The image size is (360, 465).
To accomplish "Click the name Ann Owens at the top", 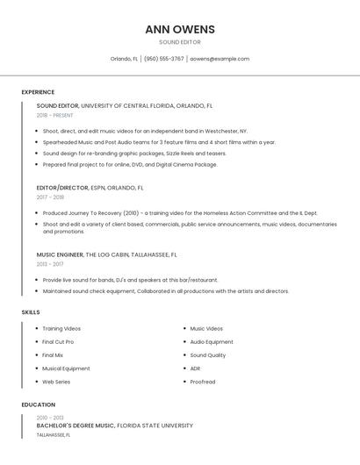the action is (x=179, y=29).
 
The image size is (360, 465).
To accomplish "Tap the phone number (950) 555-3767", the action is (x=164, y=59).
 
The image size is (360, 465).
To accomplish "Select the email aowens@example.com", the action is (x=220, y=59).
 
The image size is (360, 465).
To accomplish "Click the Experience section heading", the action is (x=38, y=92).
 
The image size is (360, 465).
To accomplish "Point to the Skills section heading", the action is (x=31, y=312).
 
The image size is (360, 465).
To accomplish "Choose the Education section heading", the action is (x=38, y=404).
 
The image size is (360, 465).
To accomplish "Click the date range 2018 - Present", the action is (x=55, y=115).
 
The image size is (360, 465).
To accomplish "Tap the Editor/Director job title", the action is (x=62, y=188).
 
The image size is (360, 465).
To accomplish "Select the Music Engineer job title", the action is (x=60, y=254).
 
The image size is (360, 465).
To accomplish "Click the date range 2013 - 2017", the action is (x=50, y=264).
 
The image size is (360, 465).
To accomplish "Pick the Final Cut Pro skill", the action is (x=58, y=342).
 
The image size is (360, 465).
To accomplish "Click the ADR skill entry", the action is (x=195, y=368).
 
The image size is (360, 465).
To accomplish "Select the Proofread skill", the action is (x=203, y=382).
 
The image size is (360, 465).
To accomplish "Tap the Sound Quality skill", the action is (x=208, y=355).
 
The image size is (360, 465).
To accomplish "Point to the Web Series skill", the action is (x=56, y=382).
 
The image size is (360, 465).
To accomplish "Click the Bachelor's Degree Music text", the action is (x=76, y=426).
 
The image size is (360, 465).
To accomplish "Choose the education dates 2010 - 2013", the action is (x=50, y=418).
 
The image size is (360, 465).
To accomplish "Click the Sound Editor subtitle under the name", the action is (x=179, y=42).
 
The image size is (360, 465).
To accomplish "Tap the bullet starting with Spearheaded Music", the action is (x=158, y=142).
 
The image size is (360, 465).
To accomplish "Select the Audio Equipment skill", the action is (x=212, y=342).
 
